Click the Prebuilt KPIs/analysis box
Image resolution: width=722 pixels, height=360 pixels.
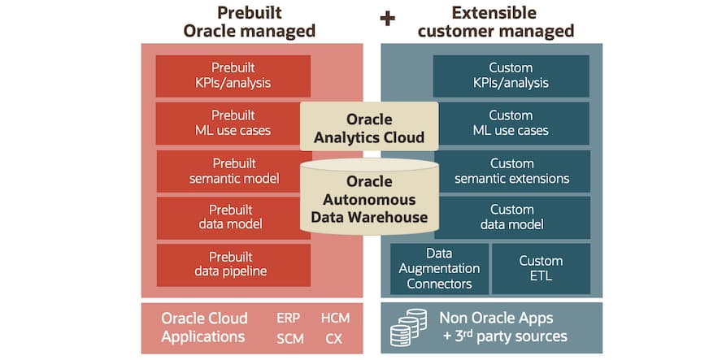(233, 76)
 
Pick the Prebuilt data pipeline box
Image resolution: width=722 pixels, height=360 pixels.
(233, 264)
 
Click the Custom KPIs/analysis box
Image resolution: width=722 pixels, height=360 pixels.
(511, 76)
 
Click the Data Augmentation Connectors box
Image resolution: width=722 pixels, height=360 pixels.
(439, 268)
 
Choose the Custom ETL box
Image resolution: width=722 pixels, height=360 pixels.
(541, 268)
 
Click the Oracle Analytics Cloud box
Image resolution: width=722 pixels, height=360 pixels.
(369, 128)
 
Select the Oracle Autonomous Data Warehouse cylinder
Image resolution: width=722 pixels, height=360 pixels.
(369, 199)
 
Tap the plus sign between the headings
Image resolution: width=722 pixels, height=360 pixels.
(388, 18)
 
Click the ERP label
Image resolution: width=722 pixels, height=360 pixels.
(289, 318)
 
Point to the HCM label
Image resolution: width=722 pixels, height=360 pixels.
(335, 318)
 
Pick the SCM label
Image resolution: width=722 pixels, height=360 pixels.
(290, 338)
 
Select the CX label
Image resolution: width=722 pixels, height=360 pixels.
(333, 338)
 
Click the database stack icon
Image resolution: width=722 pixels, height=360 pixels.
(408, 327)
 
